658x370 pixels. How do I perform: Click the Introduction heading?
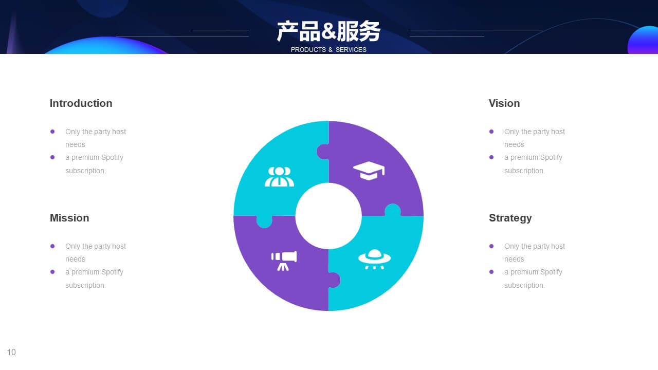(81, 103)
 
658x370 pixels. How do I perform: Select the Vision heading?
(504, 103)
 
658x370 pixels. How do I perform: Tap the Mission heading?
(69, 218)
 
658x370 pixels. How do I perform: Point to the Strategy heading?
(510, 218)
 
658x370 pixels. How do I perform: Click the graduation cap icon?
(369, 171)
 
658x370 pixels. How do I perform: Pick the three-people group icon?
(279, 177)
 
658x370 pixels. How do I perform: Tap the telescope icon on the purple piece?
(284, 261)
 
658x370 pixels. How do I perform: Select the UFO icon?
(374, 259)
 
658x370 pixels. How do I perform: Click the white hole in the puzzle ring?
(328, 216)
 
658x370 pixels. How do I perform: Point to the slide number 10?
(11, 352)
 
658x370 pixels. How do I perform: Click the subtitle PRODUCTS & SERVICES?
(328, 50)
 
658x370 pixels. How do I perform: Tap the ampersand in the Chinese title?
(328, 32)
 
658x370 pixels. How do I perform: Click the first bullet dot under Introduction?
(52, 132)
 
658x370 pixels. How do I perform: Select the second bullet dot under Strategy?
(491, 272)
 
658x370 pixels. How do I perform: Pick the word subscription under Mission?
(85, 285)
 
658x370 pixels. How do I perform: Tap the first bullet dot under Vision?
(491, 132)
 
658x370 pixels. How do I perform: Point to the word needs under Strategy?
(514, 259)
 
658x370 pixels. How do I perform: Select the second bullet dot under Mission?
(52, 272)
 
